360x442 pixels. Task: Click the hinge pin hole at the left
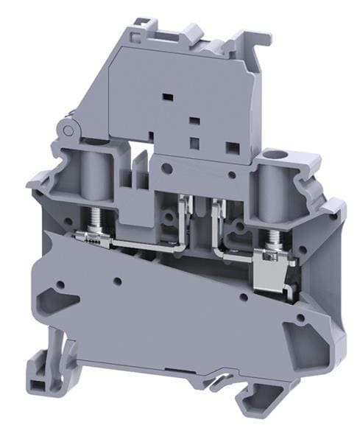point(68,130)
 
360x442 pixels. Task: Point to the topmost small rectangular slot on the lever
point(166,96)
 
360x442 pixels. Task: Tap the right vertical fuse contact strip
point(214,221)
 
